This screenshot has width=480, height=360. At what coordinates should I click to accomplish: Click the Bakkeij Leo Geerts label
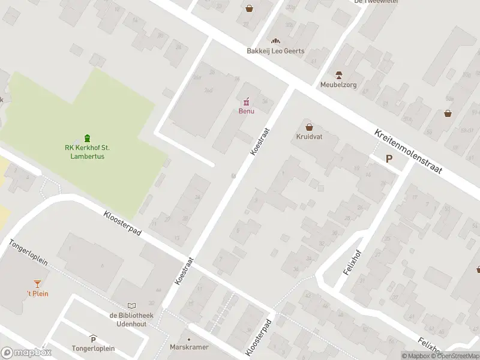(275, 51)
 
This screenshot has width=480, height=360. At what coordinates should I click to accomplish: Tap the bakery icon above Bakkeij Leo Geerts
(275, 40)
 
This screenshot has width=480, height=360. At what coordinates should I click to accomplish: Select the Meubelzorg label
(338, 85)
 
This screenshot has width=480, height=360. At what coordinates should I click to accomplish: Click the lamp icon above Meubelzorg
(338, 74)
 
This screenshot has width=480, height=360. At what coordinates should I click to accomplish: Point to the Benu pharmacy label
(246, 111)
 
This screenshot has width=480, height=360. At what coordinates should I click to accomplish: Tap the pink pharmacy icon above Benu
(246, 101)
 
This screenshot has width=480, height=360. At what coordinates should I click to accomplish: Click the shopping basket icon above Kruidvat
(309, 127)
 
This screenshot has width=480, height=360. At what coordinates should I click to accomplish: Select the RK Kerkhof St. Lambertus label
(87, 152)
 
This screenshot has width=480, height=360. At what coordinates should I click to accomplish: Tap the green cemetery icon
(88, 138)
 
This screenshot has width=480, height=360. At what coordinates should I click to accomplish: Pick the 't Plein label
(37, 293)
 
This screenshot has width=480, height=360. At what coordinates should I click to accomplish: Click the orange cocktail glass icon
(37, 283)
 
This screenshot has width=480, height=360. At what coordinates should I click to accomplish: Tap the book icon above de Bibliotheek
(131, 305)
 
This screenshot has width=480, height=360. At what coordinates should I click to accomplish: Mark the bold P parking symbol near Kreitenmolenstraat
(389, 159)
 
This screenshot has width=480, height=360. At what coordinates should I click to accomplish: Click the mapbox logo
(26, 353)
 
